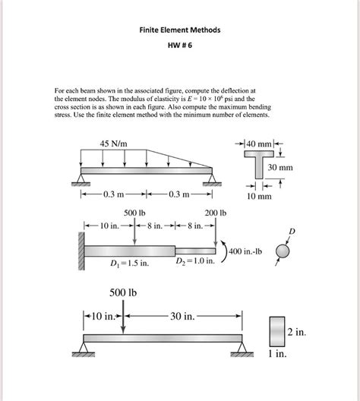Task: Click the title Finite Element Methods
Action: (x=181, y=31)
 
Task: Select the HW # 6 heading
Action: (x=180, y=46)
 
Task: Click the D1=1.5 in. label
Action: (x=128, y=264)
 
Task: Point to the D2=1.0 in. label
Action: (x=194, y=263)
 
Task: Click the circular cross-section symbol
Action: (x=283, y=251)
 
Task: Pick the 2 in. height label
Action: (x=296, y=332)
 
